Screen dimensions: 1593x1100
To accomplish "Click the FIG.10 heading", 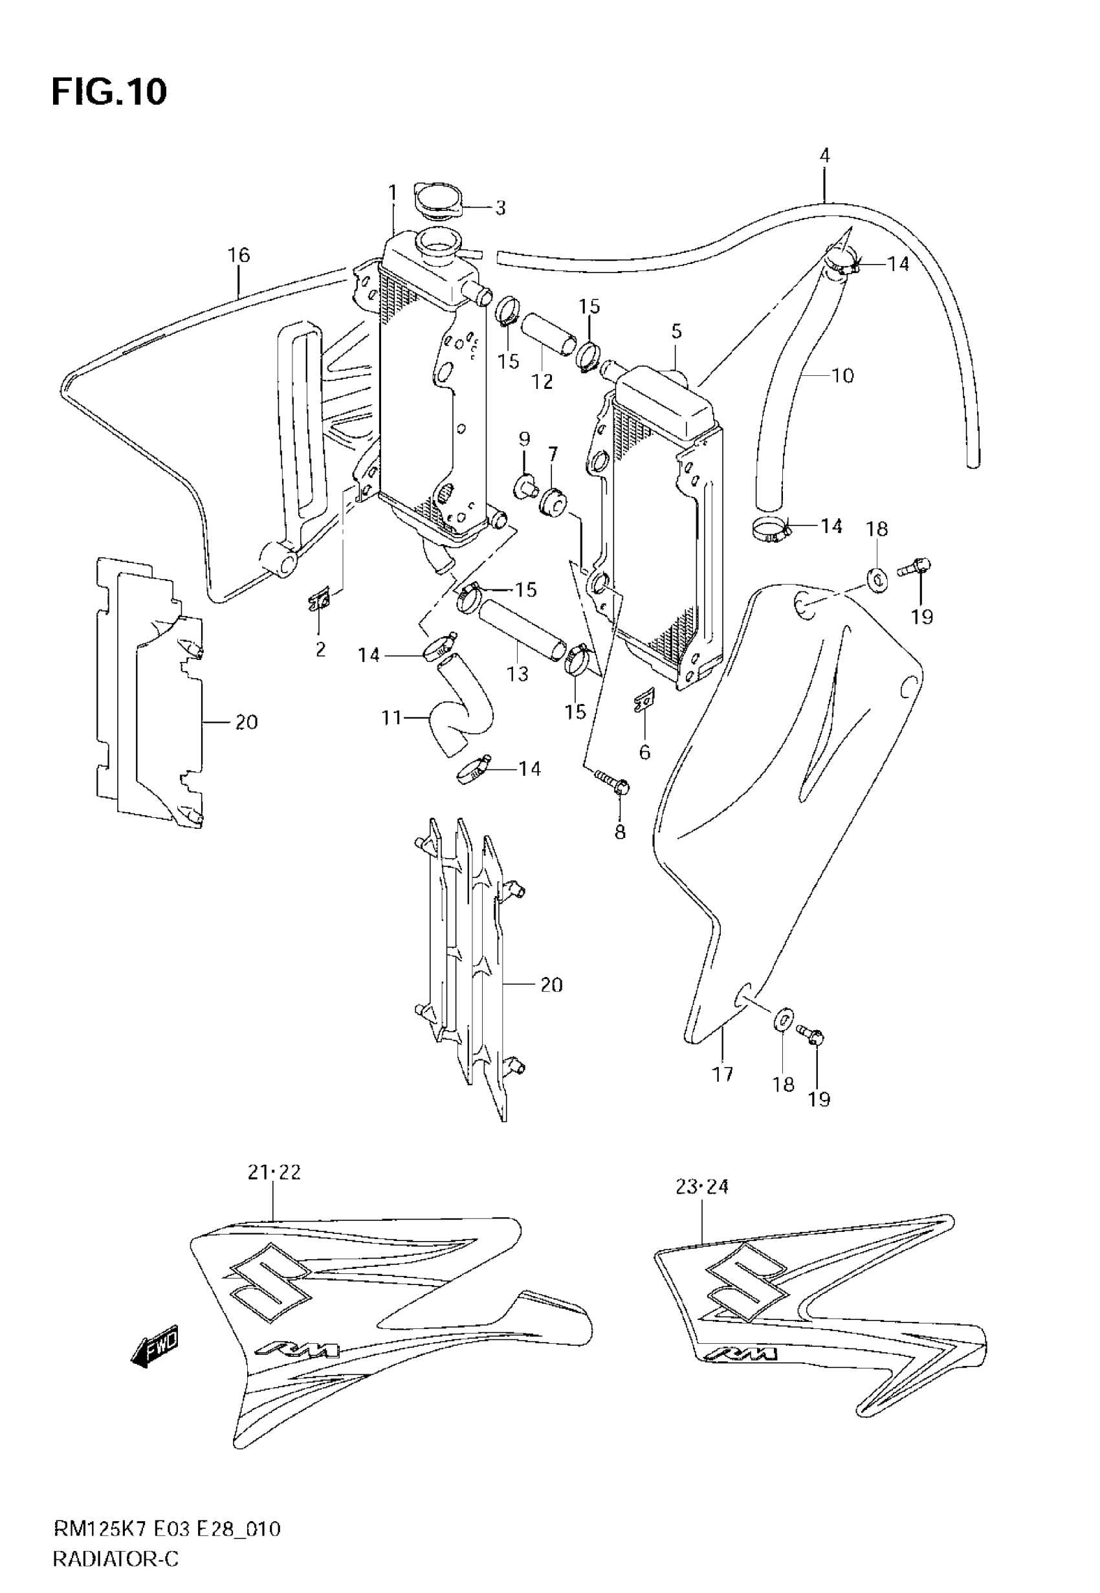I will [x=109, y=93].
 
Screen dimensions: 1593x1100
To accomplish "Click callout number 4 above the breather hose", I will [x=824, y=156].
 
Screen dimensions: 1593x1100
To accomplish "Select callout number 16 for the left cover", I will [x=239, y=256].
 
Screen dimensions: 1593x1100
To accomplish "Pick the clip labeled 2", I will [x=320, y=603].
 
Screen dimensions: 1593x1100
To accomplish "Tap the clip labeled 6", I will [x=643, y=703].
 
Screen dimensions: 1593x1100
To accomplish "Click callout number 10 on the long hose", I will [x=842, y=376].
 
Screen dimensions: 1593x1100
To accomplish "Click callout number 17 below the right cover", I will [x=722, y=1073].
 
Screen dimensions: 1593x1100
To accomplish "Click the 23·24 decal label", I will [x=702, y=1187].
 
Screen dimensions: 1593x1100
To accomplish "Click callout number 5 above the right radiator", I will [x=676, y=331].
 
